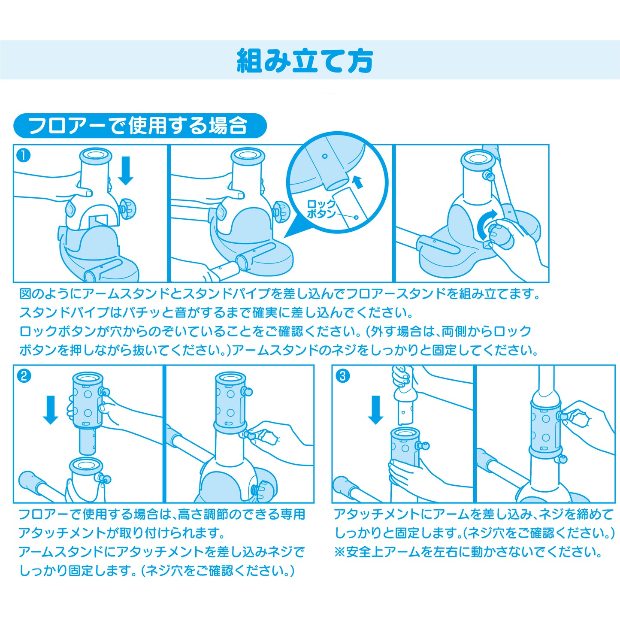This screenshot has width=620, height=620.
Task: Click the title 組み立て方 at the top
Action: (305, 61)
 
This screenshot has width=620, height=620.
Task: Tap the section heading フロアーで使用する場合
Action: (139, 125)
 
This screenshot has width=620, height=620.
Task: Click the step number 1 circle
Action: (23, 156)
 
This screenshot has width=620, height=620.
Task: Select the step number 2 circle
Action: (24, 376)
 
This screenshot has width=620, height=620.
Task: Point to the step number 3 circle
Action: (342, 376)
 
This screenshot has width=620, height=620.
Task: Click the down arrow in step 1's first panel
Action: (125, 170)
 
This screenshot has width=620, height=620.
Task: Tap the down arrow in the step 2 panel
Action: (51, 410)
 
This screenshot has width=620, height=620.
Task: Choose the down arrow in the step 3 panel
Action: (375, 410)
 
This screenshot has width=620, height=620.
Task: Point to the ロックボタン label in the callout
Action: (322, 209)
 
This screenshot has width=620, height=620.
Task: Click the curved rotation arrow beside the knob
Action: (486, 222)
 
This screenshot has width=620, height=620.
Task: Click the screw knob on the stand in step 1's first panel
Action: (128, 209)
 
